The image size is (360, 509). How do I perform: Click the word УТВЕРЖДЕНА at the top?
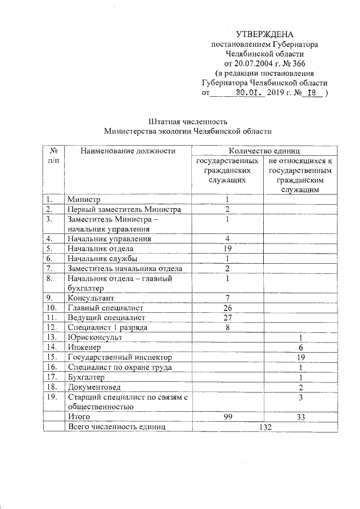coord(264,34)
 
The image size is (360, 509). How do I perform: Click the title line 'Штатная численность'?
coord(188,121)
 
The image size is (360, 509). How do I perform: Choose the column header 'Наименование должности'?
coord(128,151)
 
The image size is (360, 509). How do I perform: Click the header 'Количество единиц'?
coord(264,151)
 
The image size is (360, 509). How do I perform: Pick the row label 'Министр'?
coord(83,200)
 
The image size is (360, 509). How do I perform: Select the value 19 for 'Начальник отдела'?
coord(228,248)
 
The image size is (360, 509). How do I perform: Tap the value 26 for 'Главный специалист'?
coord(228,308)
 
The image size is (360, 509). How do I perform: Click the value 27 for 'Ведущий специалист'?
coord(228,317)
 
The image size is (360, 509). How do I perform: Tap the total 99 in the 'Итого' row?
coord(228,417)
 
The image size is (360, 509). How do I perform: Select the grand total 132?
coord(264,427)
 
